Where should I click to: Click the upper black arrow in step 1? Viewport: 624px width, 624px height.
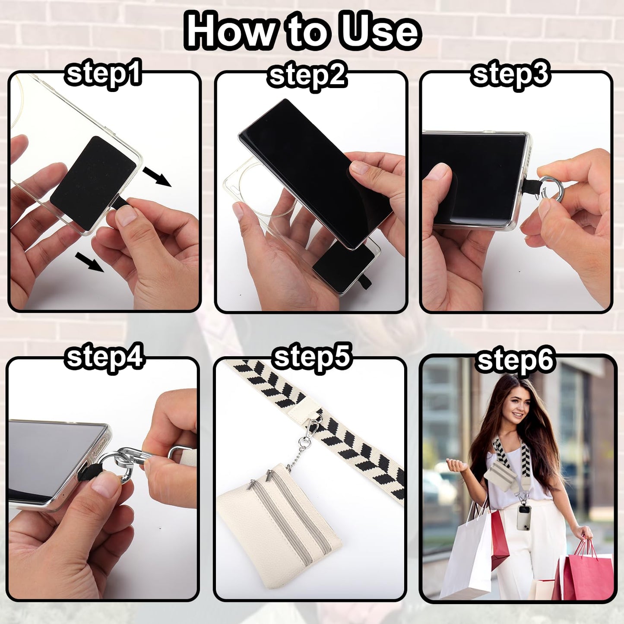(157, 177)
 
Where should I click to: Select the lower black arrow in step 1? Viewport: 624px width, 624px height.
(89, 262)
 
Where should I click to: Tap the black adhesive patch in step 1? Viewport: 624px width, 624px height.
(93, 183)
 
